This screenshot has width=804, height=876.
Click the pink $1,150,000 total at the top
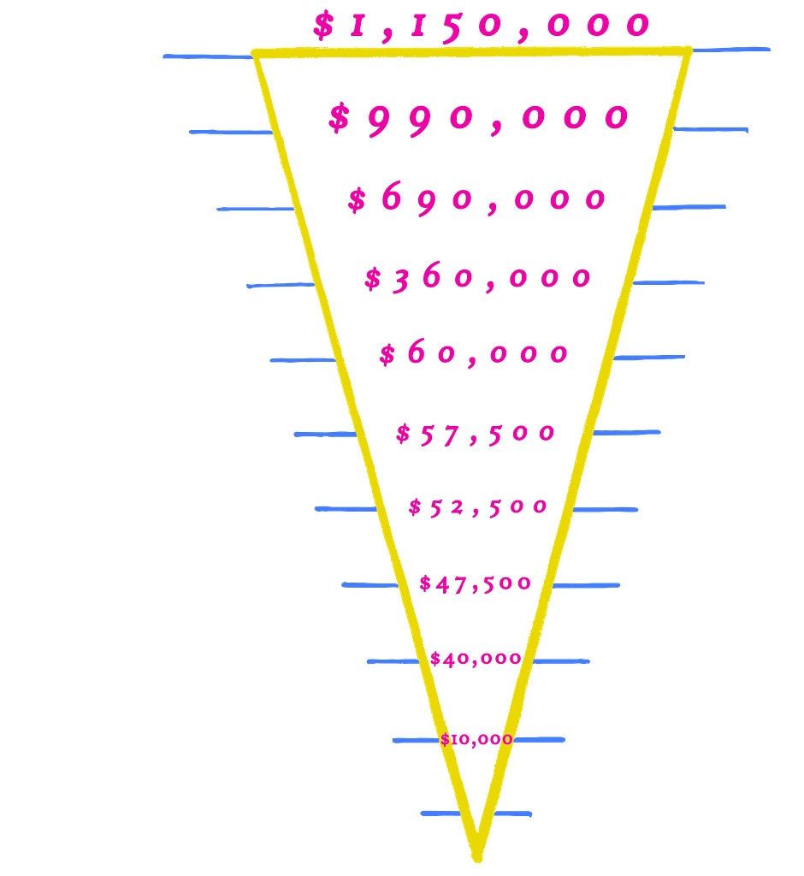[x=482, y=26]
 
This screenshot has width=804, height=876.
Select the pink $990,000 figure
[x=479, y=119]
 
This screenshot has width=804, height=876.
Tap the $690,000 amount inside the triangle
[x=477, y=199]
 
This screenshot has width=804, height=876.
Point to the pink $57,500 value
[x=476, y=433]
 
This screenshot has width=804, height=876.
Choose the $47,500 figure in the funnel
[x=476, y=584]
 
